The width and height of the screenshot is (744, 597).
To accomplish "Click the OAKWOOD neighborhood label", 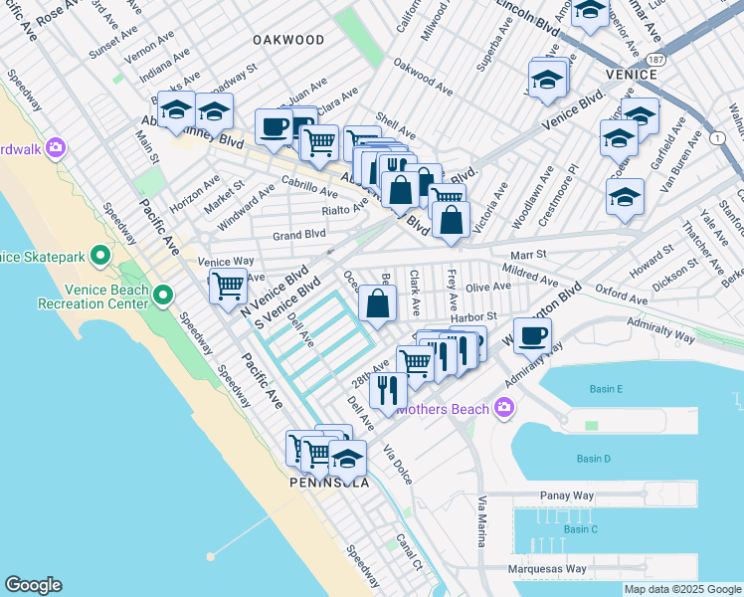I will tap(288, 40).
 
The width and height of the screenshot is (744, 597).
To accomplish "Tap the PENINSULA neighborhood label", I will tap(329, 483).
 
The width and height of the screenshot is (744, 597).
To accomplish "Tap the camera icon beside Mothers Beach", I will tap(504, 408).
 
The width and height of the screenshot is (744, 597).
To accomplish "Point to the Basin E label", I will tap(605, 388).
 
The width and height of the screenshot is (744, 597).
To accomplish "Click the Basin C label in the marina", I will tap(581, 529).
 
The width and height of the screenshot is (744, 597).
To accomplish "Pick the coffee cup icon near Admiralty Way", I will tap(531, 336).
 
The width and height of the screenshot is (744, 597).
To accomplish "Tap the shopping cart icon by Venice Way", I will tap(229, 287).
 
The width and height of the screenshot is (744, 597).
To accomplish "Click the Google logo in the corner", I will tap(33, 585).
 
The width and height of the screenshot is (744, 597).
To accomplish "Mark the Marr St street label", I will tap(529, 255).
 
